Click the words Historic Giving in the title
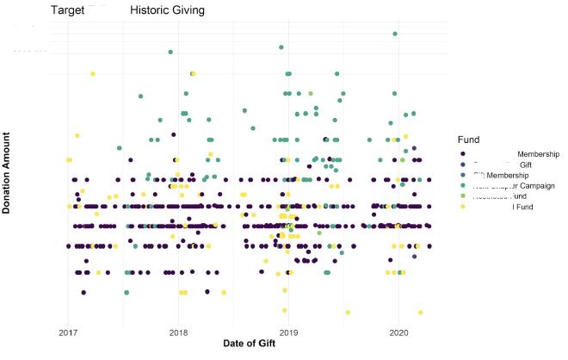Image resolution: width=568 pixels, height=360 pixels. (168, 10)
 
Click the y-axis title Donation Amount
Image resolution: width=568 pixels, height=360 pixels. (7, 172)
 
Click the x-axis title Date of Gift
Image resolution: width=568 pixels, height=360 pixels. (250, 344)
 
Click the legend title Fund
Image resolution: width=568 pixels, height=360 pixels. (469, 139)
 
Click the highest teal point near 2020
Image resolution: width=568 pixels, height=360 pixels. (394, 34)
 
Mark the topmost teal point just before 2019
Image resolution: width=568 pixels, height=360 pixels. (281, 47)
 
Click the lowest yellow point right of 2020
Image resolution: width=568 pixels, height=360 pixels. (421, 313)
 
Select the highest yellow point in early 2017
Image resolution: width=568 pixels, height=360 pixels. (93, 74)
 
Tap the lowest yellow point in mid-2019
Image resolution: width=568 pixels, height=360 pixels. (348, 313)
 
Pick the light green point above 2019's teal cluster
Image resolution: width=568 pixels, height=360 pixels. (310, 93)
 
